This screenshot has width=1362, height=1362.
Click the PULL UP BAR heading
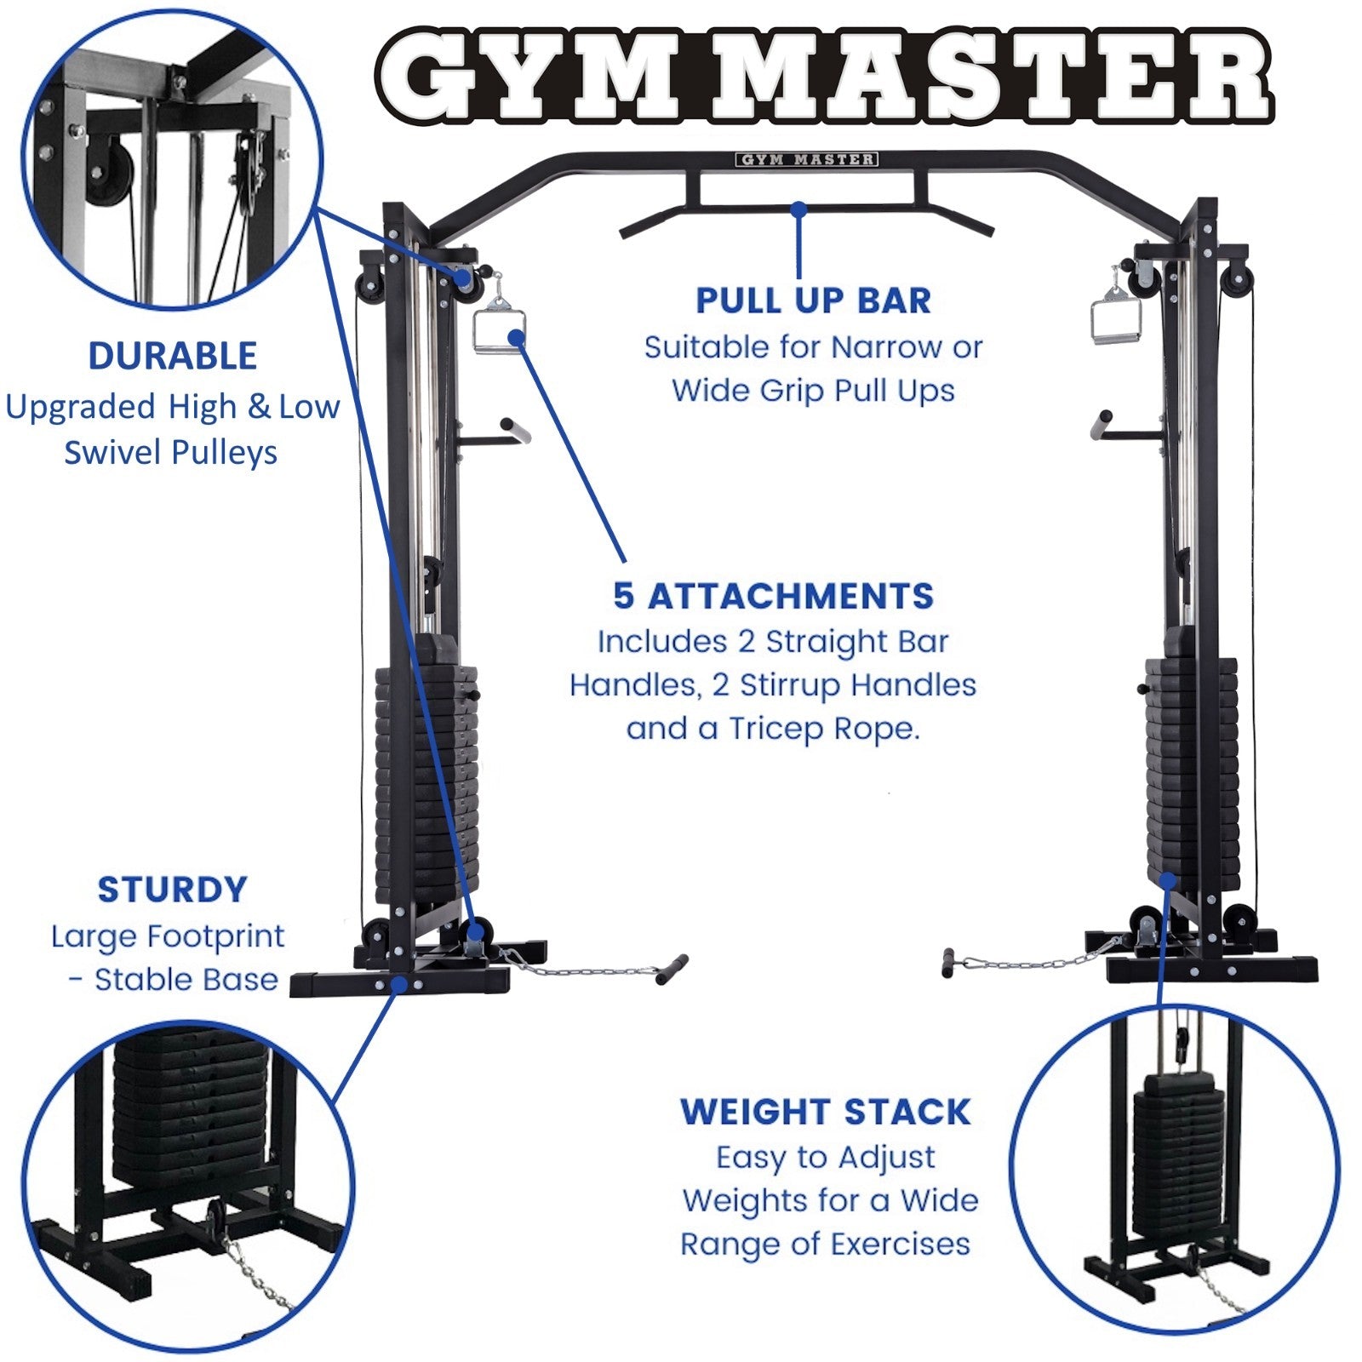point(813,300)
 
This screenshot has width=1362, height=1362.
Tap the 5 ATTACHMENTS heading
point(773,596)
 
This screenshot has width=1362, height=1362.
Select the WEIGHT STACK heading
point(825,1112)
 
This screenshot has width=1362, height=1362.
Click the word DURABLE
point(172,356)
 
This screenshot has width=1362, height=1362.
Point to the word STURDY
point(172,890)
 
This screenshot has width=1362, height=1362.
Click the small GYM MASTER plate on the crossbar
point(805,159)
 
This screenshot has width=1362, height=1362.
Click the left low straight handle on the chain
point(672,969)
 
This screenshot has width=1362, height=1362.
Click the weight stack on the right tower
point(1190,766)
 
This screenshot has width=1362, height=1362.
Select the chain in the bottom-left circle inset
point(255,1273)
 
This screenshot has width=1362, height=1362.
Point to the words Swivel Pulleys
point(170,452)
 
